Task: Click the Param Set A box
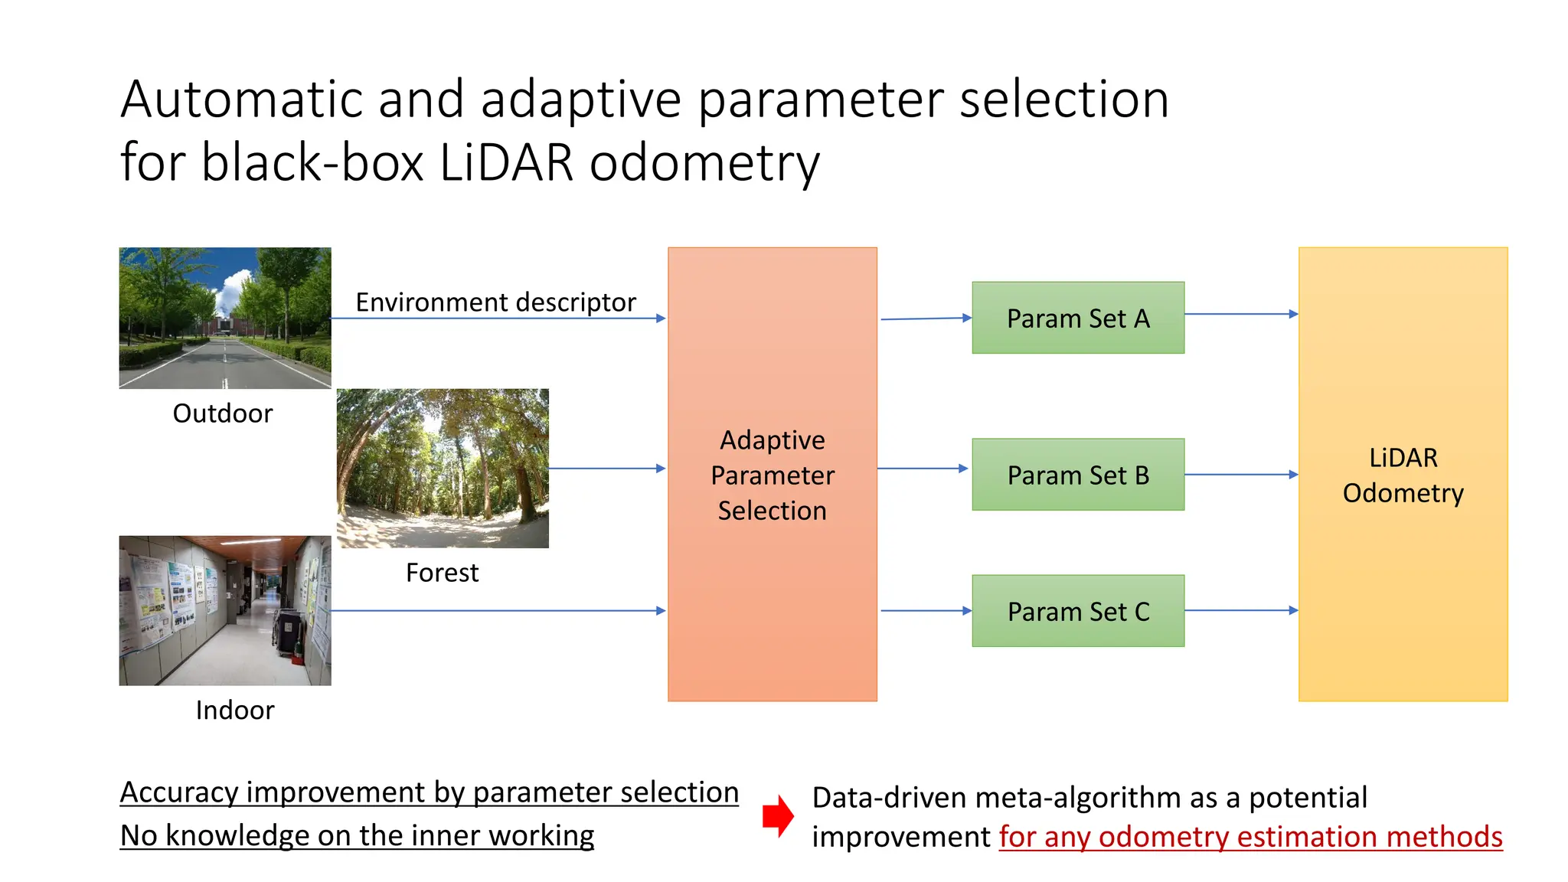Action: point(1077,318)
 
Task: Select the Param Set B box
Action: point(1077,475)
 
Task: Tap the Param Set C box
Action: point(1077,611)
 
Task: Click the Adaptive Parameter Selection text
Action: point(772,475)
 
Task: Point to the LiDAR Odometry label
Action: point(1403,475)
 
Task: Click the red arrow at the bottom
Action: point(778,815)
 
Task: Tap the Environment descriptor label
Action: point(495,302)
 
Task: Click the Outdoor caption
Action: point(222,413)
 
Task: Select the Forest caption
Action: point(442,573)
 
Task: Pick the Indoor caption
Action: point(234,710)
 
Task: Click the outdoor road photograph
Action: point(225,318)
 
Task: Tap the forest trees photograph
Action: point(443,468)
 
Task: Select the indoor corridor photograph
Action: point(225,610)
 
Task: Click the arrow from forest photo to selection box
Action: point(607,468)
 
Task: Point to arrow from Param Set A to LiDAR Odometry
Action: point(1240,314)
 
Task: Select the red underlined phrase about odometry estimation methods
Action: point(1250,837)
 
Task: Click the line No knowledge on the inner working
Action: point(357,835)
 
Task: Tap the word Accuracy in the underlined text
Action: point(179,792)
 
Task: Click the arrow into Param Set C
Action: point(925,610)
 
